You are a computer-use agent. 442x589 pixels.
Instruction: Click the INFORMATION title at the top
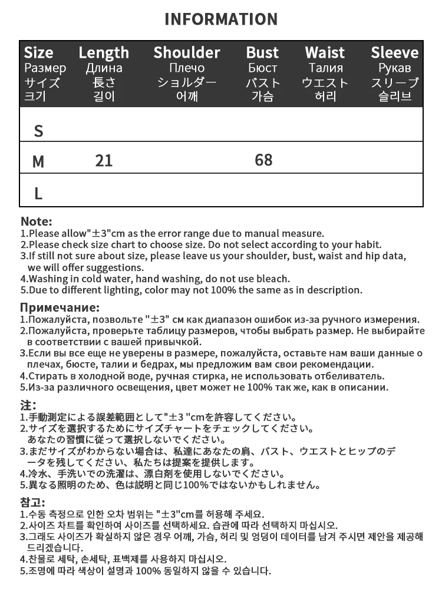[x=221, y=19]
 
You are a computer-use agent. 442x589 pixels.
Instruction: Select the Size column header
[x=39, y=52]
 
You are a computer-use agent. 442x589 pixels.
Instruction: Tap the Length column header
[x=104, y=52]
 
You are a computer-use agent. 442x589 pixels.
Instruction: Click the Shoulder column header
[x=187, y=52]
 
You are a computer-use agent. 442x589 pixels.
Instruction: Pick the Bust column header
[x=262, y=52]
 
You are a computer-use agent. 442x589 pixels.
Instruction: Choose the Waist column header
[x=325, y=52]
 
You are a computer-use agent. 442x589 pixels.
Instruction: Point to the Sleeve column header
[x=394, y=52]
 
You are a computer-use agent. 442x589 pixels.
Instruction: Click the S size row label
[x=39, y=131]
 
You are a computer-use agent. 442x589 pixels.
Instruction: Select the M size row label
[x=38, y=161]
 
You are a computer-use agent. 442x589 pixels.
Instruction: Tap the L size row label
[x=38, y=193]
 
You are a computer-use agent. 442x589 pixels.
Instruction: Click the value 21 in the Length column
[x=104, y=160]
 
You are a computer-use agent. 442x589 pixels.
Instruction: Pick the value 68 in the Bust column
[x=263, y=160]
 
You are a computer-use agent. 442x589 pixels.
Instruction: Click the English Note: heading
[x=37, y=222]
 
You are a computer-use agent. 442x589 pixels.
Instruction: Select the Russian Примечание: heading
[x=60, y=307]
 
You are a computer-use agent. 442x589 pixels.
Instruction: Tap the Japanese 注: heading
[x=28, y=405]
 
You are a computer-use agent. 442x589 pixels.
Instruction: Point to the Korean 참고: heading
[x=32, y=502]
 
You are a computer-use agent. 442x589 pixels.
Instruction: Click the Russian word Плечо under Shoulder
[x=187, y=68]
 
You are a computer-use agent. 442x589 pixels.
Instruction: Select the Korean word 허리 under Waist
[x=325, y=97]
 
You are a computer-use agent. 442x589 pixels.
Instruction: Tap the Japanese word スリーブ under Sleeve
[x=394, y=82]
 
